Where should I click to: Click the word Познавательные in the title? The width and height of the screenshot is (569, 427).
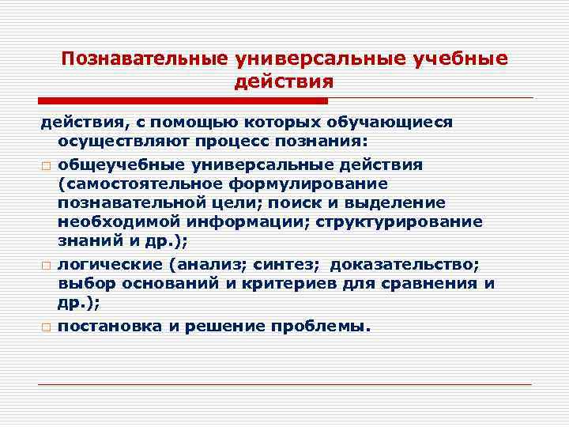point(144,59)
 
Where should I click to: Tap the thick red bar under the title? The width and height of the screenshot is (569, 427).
point(183,101)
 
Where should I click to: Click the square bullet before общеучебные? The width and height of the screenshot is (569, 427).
point(46,165)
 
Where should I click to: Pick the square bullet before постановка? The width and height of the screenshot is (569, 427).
point(46,327)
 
